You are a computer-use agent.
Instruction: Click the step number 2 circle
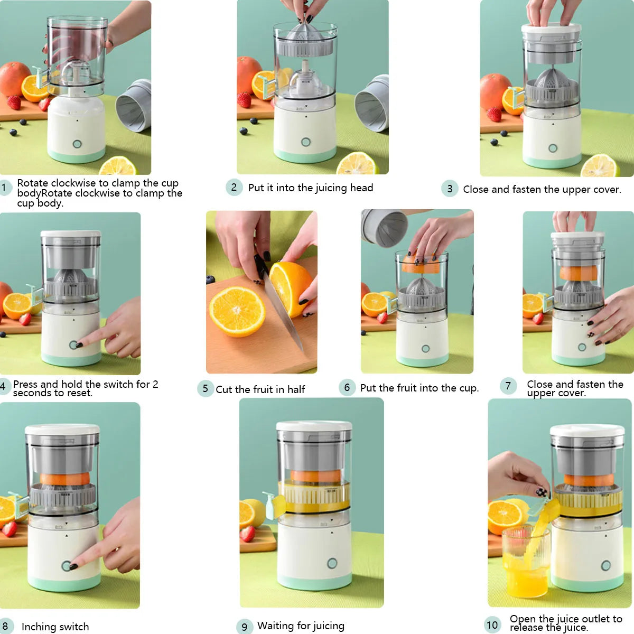click(234, 187)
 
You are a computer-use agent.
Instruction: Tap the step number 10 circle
click(492, 624)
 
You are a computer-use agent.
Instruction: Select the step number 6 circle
click(347, 387)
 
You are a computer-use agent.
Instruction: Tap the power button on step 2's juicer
click(305, 142)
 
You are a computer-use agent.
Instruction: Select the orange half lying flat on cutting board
click(238, 312)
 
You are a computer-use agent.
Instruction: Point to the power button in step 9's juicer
click(332, 563)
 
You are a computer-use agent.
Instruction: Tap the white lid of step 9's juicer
click(314, 426)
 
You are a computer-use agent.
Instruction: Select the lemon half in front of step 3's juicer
click(600, 166)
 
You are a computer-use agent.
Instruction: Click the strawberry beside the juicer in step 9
click(248, 533)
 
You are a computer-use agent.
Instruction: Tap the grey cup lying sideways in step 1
click(134, 106)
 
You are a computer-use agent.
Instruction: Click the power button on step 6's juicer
click(425, 349)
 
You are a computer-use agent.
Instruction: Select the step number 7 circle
click(508, 386)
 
